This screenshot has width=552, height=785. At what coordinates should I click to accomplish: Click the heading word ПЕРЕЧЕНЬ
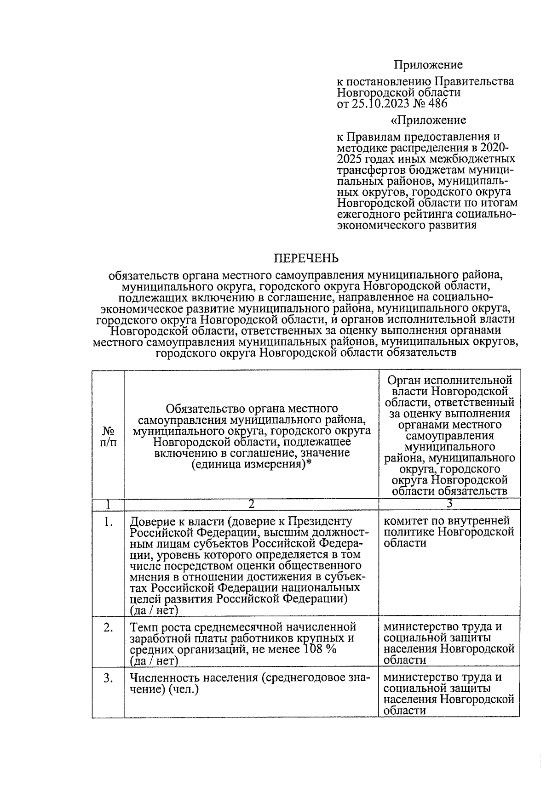pos(306,258)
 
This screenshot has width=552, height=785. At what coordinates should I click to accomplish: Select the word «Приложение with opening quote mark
pos(428,120)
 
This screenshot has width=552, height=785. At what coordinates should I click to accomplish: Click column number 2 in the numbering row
pos(251,504)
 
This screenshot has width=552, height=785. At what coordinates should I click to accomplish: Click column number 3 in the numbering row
pos(449,504)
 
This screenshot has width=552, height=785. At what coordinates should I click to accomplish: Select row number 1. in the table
pos(108,522)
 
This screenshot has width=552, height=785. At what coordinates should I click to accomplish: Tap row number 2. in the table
pos(108,627)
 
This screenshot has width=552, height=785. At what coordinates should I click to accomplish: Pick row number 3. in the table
pos(108,678)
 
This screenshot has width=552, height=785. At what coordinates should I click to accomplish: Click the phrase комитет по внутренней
pos(447,521)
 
